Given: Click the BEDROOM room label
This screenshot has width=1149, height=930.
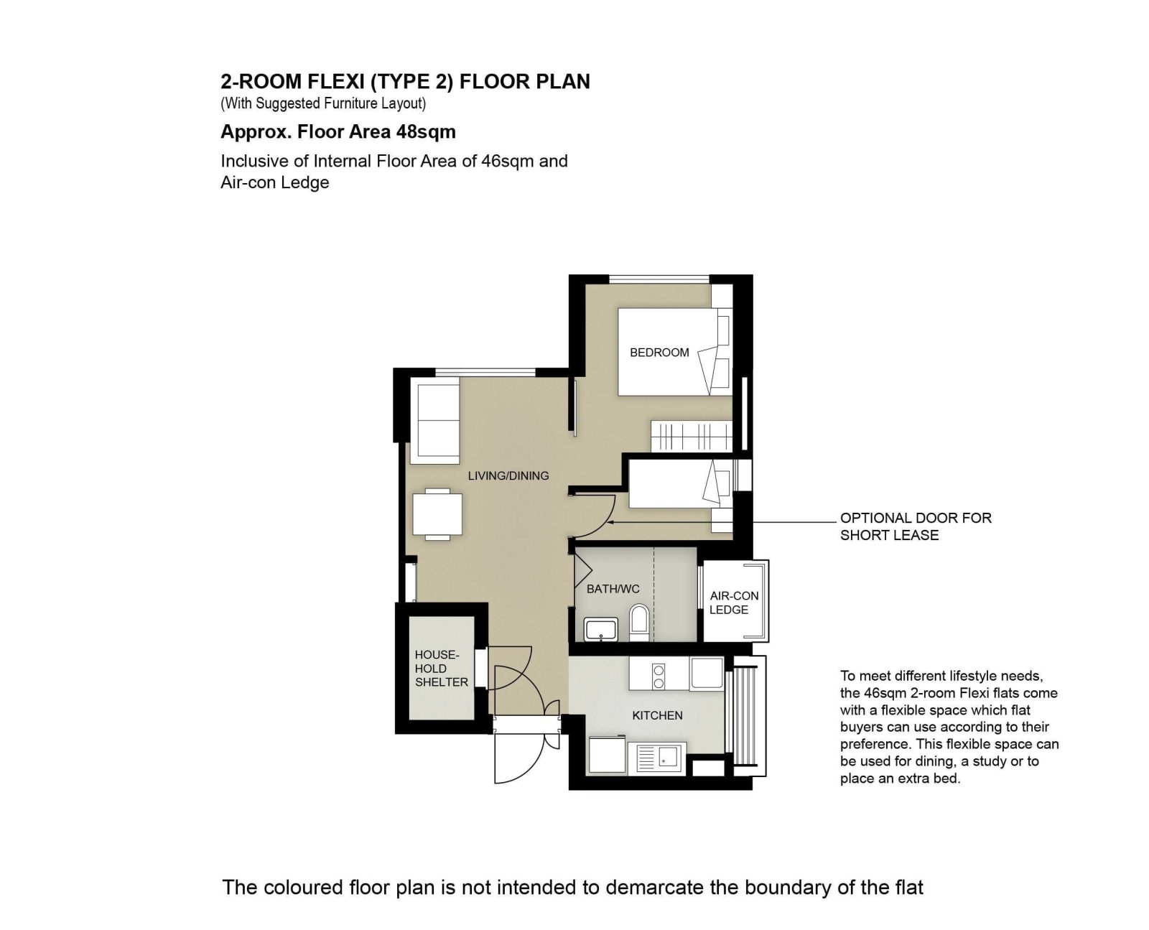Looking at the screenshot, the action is click(659, 353).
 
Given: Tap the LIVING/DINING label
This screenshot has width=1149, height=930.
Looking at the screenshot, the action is click(508, 476).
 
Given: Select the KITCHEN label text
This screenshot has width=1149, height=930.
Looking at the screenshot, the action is click(657, 715).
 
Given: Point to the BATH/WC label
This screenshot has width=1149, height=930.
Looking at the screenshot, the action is click(613, 589).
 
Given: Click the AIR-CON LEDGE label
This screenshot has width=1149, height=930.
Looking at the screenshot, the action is click(734, 603).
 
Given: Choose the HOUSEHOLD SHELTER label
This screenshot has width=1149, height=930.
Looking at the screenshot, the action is click(441, 669).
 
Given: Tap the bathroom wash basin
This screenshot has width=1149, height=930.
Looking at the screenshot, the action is click(601, 630).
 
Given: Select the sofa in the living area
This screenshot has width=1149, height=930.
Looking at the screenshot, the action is click(434, 420).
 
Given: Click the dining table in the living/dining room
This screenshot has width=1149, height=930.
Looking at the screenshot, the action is click(437, 514).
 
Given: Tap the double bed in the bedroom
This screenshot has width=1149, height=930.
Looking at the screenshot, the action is click(675, 352).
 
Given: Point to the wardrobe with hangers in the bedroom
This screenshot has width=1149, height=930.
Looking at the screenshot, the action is click(691, 436).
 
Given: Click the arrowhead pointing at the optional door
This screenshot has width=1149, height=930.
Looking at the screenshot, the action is click(610, 522).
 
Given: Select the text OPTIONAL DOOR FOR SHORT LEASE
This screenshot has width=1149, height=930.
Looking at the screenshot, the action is click(916, 526).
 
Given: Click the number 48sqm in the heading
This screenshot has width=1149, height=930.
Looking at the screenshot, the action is click(426, 131).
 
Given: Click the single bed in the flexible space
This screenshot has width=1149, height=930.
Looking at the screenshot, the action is click(681, 484).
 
